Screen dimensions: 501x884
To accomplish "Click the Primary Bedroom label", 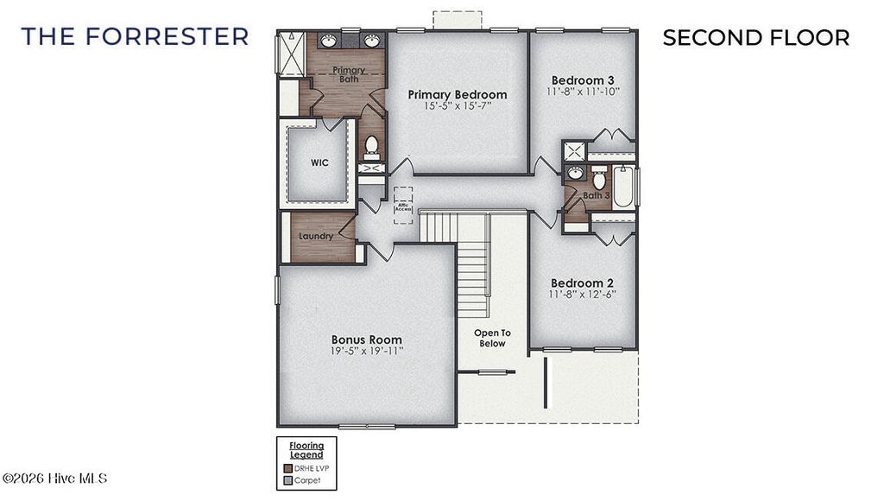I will coord(458,94).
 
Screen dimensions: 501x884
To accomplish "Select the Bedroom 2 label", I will coord(582,283).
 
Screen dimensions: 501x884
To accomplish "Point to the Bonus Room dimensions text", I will coord(367,352).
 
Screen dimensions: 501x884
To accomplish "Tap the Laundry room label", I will coord(316,236).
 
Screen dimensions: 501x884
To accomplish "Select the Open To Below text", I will coord(492,338).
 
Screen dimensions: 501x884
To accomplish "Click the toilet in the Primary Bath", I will coord(372,145).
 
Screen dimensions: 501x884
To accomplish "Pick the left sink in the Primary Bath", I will coord(330,41).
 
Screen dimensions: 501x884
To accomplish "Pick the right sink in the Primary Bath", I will coord(371,41).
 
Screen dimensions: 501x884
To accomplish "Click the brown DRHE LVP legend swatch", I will coord(286,467).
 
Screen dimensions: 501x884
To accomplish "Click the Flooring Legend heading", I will coord(306,450).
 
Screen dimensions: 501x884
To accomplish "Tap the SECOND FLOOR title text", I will coord(755,38).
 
